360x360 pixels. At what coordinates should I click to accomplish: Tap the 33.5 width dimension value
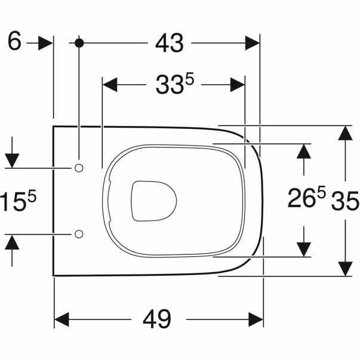pyautogui.click(x=173, y=85)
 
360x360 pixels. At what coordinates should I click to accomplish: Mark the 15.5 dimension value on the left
pyautogui.click(x=17, y=201)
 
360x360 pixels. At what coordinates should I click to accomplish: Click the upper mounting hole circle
pyautogui.click(x=79, y=167)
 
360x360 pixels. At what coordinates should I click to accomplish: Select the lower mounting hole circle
pyautogui.click(x=79, y=233)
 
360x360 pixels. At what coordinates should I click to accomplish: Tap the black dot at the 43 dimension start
pyautogui.click(x=79, y=43)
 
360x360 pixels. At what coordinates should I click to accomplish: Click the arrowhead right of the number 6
pyautogui.click(x=47, y=43)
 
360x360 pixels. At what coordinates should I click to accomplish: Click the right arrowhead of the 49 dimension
pyautogui.click(x=256, y=319)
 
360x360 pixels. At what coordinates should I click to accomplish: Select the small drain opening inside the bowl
pyautogui.click(x=152, y=200)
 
